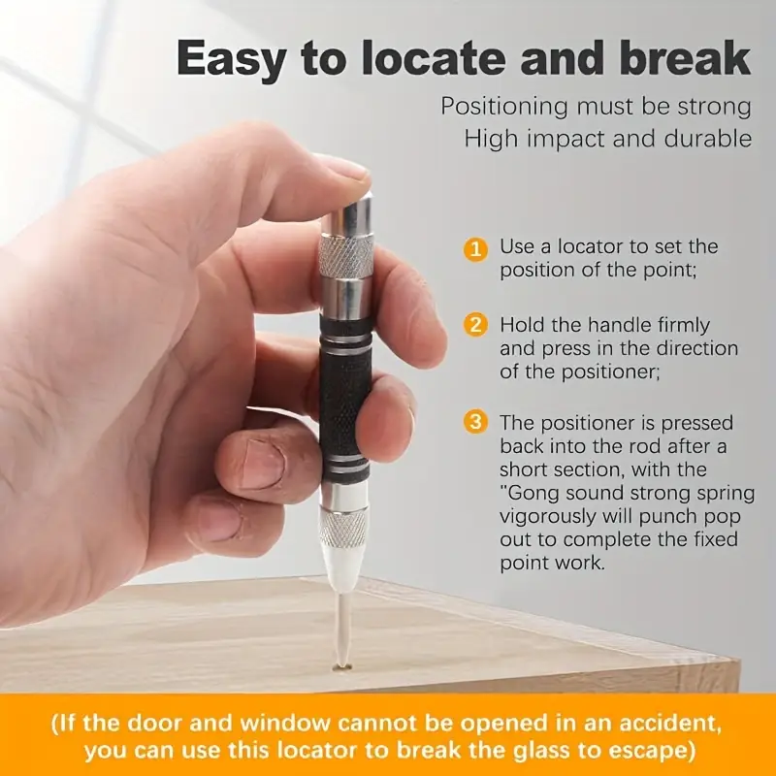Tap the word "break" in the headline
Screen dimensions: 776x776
pyautogui.click(x=685, y=57)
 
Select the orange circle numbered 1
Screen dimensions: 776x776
pyautogui.click(x=475, y=249)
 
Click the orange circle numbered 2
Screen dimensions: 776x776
pyautogui.click(x=475, y=325)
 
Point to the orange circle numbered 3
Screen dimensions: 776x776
pyautogui.click(x=475, y=422)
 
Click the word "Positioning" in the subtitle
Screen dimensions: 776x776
pyautogui.click(x=503, y=108)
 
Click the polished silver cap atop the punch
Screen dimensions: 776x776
pyautogui.click(x=347, y=212)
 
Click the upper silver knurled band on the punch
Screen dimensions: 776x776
pyautogui.click(x=346, y=257)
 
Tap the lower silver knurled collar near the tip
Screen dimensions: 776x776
pyautogui.click(x=343, y=528)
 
